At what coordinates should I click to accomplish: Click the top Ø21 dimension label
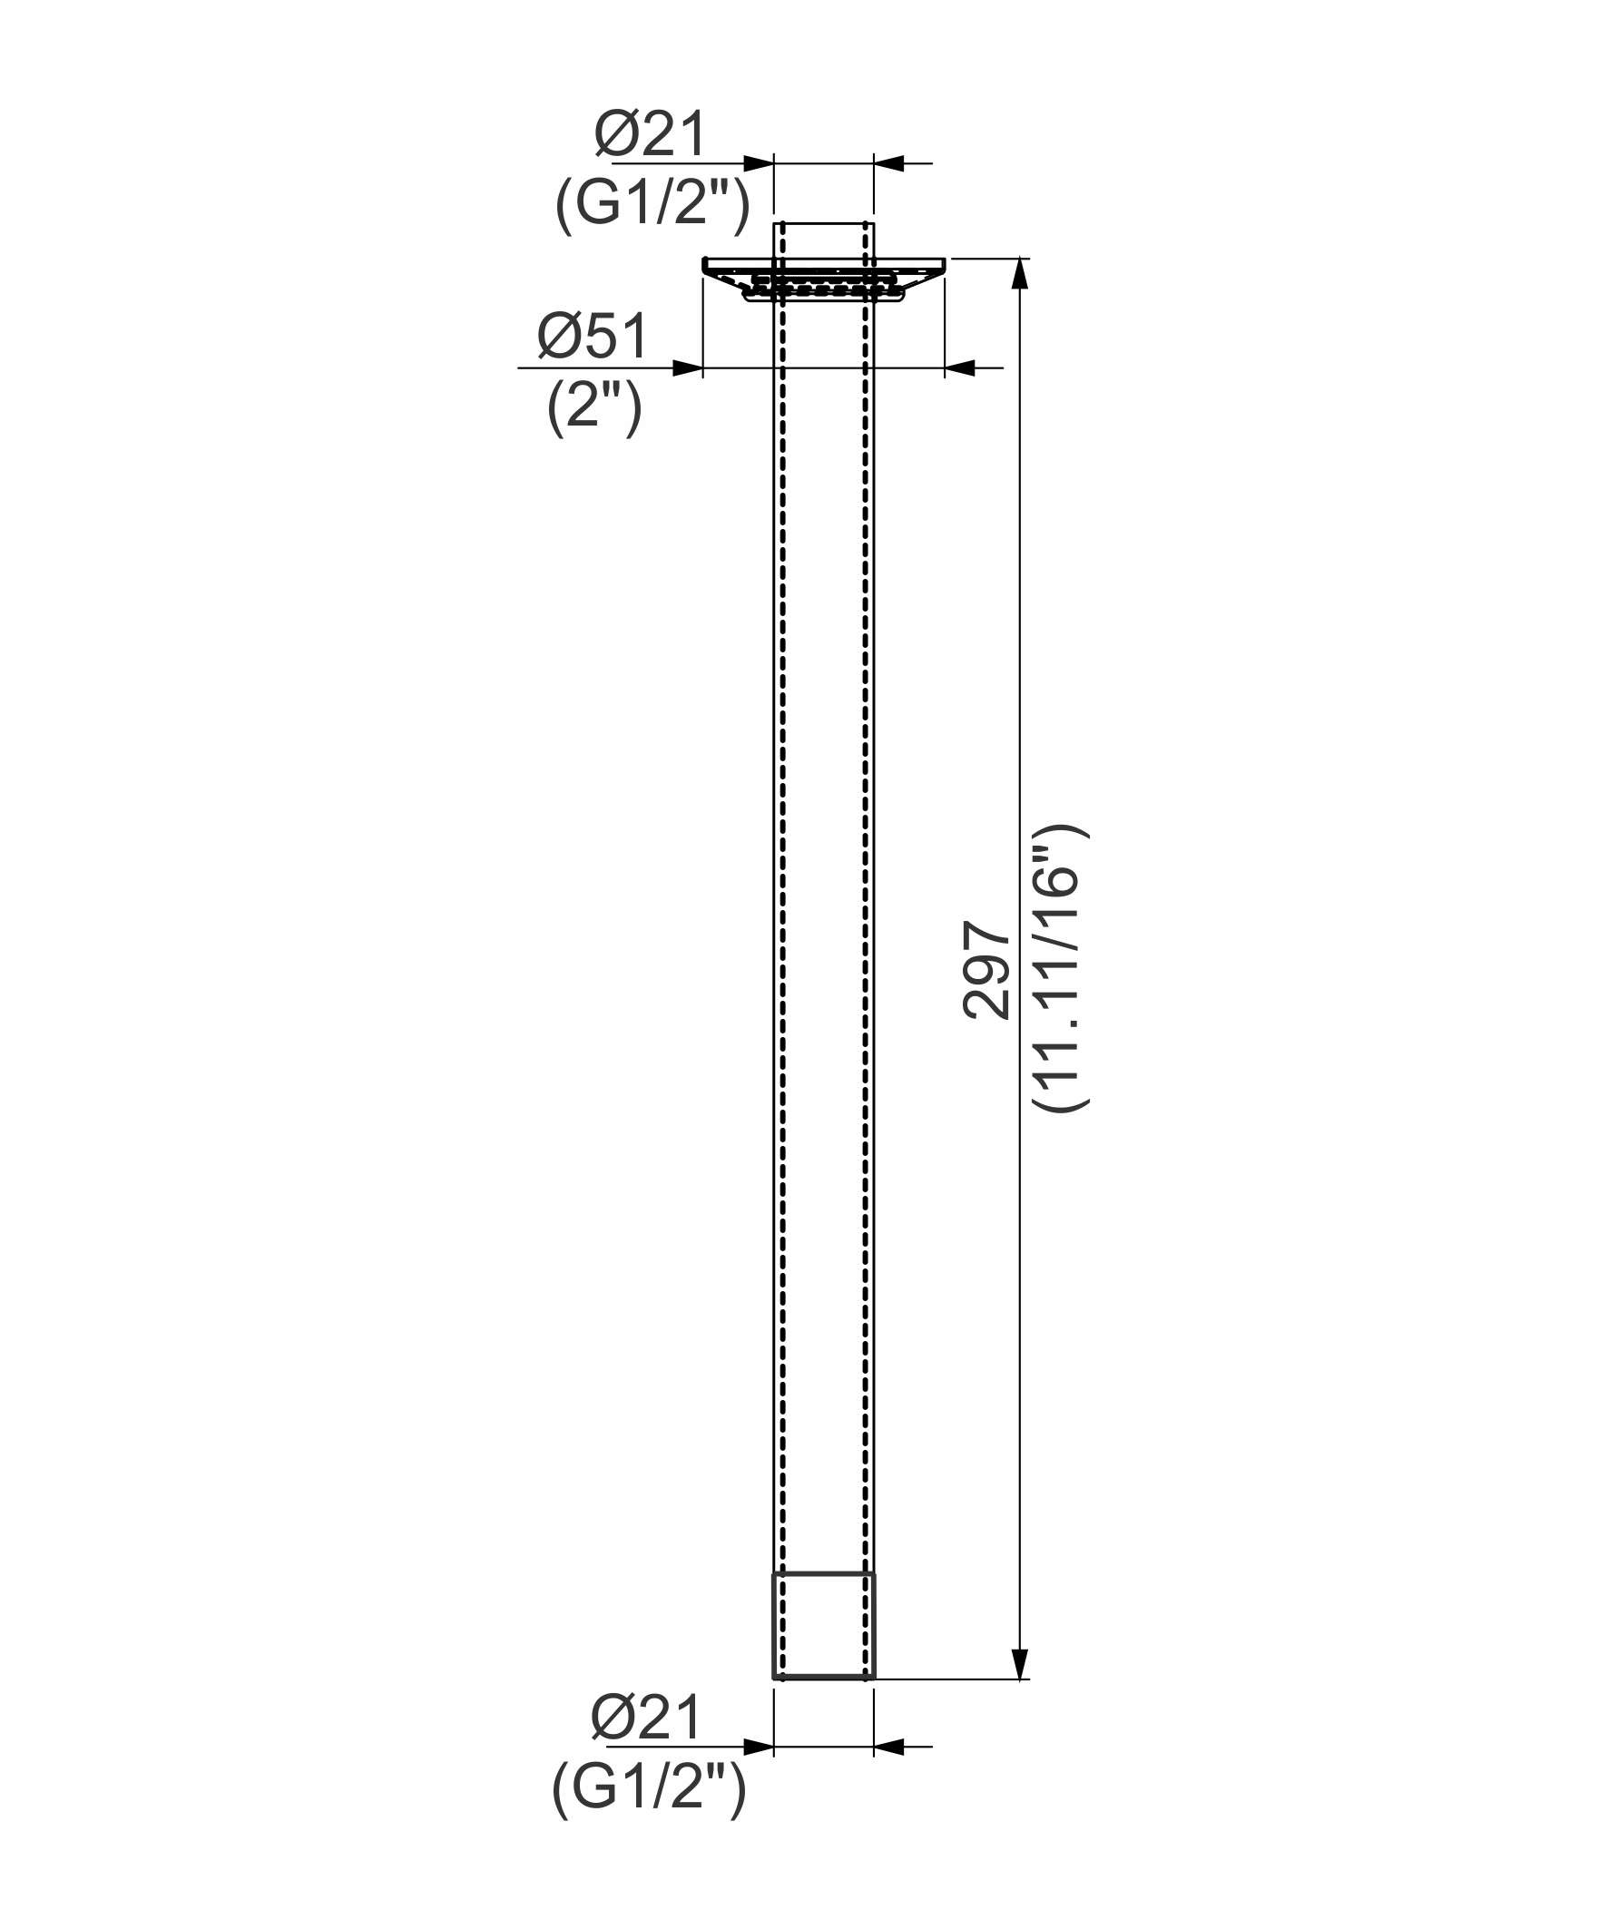650,134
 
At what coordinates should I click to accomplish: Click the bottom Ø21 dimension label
646,1716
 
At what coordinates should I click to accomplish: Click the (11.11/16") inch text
1062,970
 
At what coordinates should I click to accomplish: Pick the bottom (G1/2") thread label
649,1787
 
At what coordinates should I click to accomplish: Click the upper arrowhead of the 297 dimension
1019,274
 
